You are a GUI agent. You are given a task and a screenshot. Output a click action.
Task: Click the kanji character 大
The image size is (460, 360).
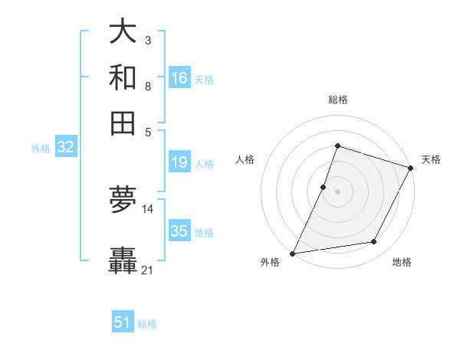(123, 33)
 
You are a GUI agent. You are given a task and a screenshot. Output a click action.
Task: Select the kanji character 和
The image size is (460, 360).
(123, 78)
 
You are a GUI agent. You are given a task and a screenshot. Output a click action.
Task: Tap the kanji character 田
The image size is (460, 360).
(123, 123)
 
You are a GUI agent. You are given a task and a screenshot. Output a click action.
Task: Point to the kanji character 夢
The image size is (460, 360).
(123, 199)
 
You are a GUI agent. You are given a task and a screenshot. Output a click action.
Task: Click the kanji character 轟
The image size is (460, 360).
(123, 261)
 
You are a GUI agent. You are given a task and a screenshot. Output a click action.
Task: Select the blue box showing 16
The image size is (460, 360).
(179, 78)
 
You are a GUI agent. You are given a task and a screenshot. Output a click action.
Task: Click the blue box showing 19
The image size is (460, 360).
(179, 162)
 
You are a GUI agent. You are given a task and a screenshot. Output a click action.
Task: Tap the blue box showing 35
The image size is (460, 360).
(179, 231)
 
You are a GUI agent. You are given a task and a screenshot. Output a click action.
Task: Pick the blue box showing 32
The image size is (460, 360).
(65, 148)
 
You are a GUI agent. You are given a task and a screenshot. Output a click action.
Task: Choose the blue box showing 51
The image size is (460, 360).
(123, 322)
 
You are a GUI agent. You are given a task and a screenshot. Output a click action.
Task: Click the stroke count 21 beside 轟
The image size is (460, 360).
(148, 270)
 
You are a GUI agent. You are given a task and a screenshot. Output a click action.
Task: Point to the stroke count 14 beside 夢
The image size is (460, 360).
(148, 208)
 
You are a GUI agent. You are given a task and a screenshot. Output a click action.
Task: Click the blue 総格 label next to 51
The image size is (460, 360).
(147, 324)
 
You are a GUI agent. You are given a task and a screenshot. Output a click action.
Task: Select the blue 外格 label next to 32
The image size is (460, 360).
(41, 149)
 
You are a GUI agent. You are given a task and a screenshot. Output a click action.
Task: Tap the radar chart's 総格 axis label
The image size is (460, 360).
(338, 100)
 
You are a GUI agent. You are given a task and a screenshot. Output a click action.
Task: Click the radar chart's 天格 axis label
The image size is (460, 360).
(431, 159)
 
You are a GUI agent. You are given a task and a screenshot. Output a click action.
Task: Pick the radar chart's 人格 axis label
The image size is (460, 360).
(245, 159)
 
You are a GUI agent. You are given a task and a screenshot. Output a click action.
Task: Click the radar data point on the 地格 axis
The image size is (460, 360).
(374, 242)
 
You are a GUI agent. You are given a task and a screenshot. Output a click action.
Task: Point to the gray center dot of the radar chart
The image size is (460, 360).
(337, 191)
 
